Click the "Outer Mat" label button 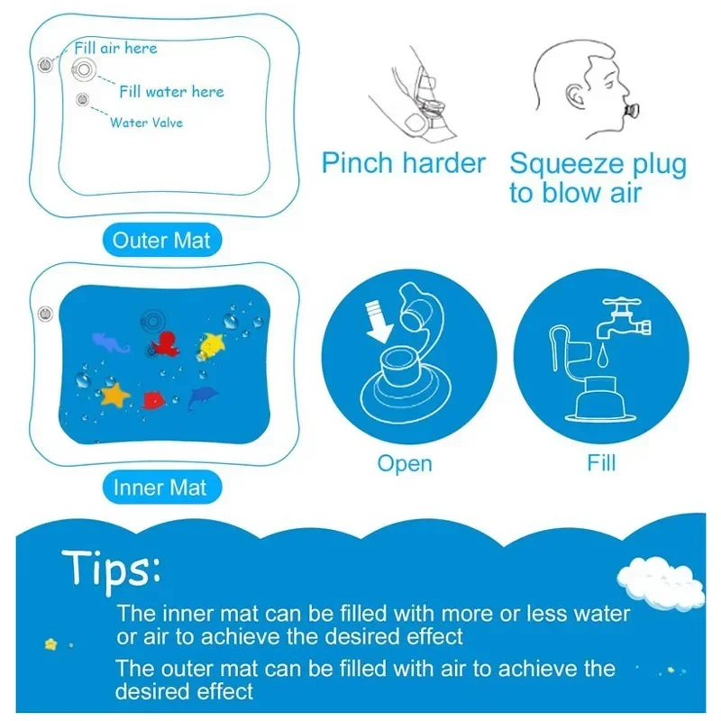click(x=160, y=241)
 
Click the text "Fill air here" click(x=114, y=49)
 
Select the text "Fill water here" click(x=171, y=91)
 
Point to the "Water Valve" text click(x=146, y=122)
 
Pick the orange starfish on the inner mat click(x=115, y=394)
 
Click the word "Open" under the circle click(x=405, y=464)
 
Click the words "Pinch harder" click(x=404, y=164)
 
